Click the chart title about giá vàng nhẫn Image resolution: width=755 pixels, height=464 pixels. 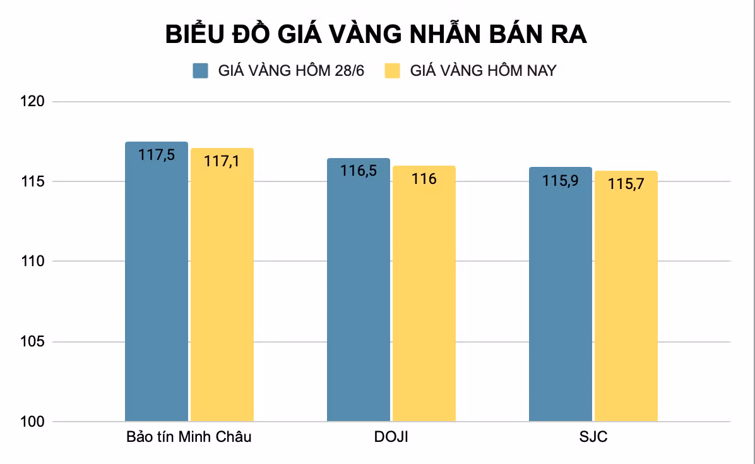[x=376, y=35]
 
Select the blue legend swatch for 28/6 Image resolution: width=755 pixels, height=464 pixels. [x=201, y=70]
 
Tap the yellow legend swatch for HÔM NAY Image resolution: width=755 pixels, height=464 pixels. [x=393, y=70]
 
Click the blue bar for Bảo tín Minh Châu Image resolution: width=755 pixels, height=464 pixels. [x=157, y=284]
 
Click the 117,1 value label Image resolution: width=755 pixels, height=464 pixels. [x=222, y=161]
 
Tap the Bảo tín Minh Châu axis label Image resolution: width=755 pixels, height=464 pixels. [x=189, y=437]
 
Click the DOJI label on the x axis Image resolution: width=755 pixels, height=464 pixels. [x=391, y=437]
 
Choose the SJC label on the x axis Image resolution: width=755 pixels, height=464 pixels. [x=593, y=437]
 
